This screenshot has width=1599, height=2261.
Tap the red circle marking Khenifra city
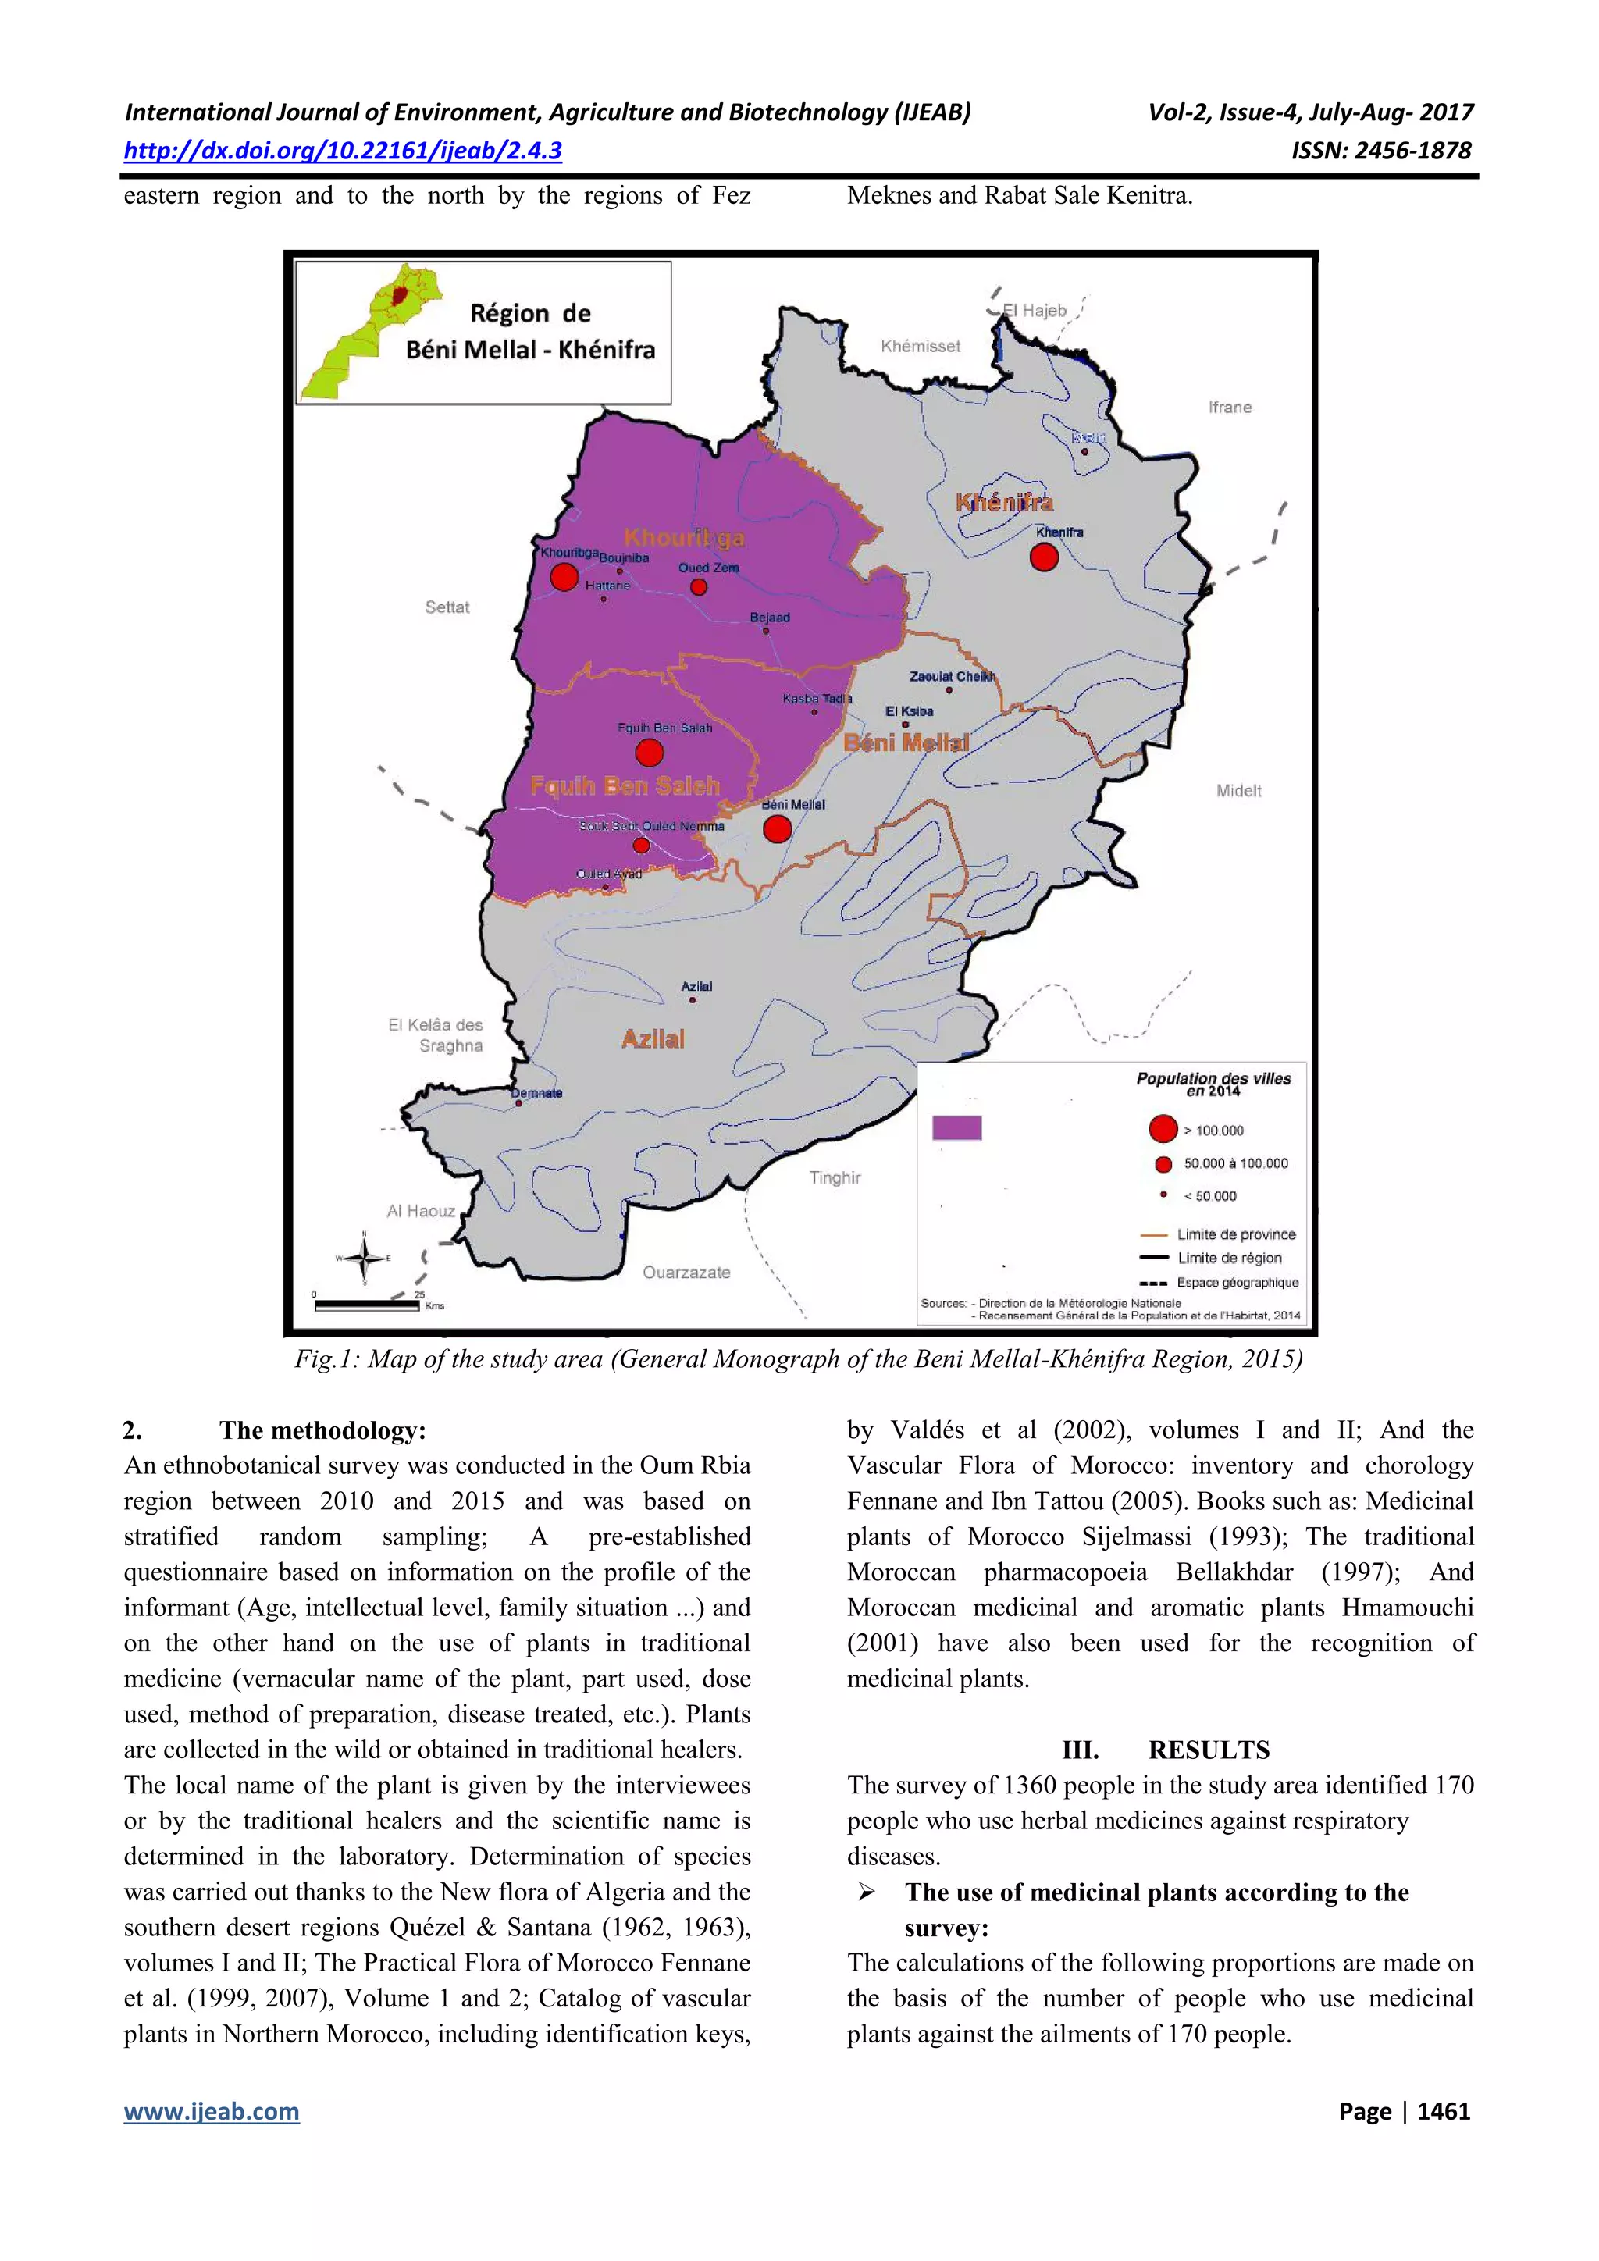pos(1044,557)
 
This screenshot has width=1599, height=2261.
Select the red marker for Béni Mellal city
pos(777,829)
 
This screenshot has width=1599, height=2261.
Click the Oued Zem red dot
pos(698,587)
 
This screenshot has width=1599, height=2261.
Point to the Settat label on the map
pos(447,607)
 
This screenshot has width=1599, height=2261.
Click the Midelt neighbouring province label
pos(1238,791)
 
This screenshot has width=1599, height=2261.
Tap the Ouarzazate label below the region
pos(686,1273)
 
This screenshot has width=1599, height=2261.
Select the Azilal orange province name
pos(653,1039)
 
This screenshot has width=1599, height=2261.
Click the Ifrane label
pos(1230,407)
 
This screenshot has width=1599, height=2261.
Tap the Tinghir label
pos(835,1178)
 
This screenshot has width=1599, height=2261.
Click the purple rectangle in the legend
pos(957,1127)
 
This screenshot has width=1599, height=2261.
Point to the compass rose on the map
pos(365,1258)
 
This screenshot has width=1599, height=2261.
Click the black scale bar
pos(366,1307)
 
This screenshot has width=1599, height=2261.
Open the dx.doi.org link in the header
pos(343,151)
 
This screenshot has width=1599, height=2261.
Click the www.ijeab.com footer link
pos(212,2111)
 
